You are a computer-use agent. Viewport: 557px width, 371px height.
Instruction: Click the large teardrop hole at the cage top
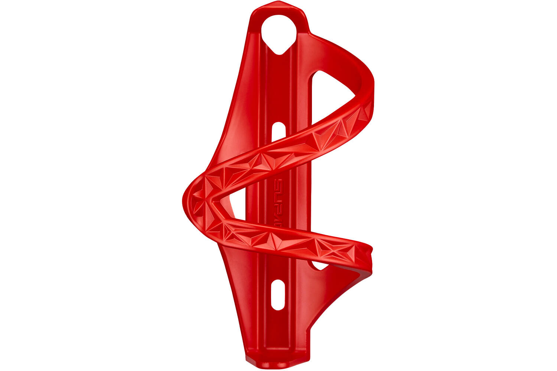(x=279, y=33)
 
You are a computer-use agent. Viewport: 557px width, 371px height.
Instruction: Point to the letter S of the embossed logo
(x=277, y=183)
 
